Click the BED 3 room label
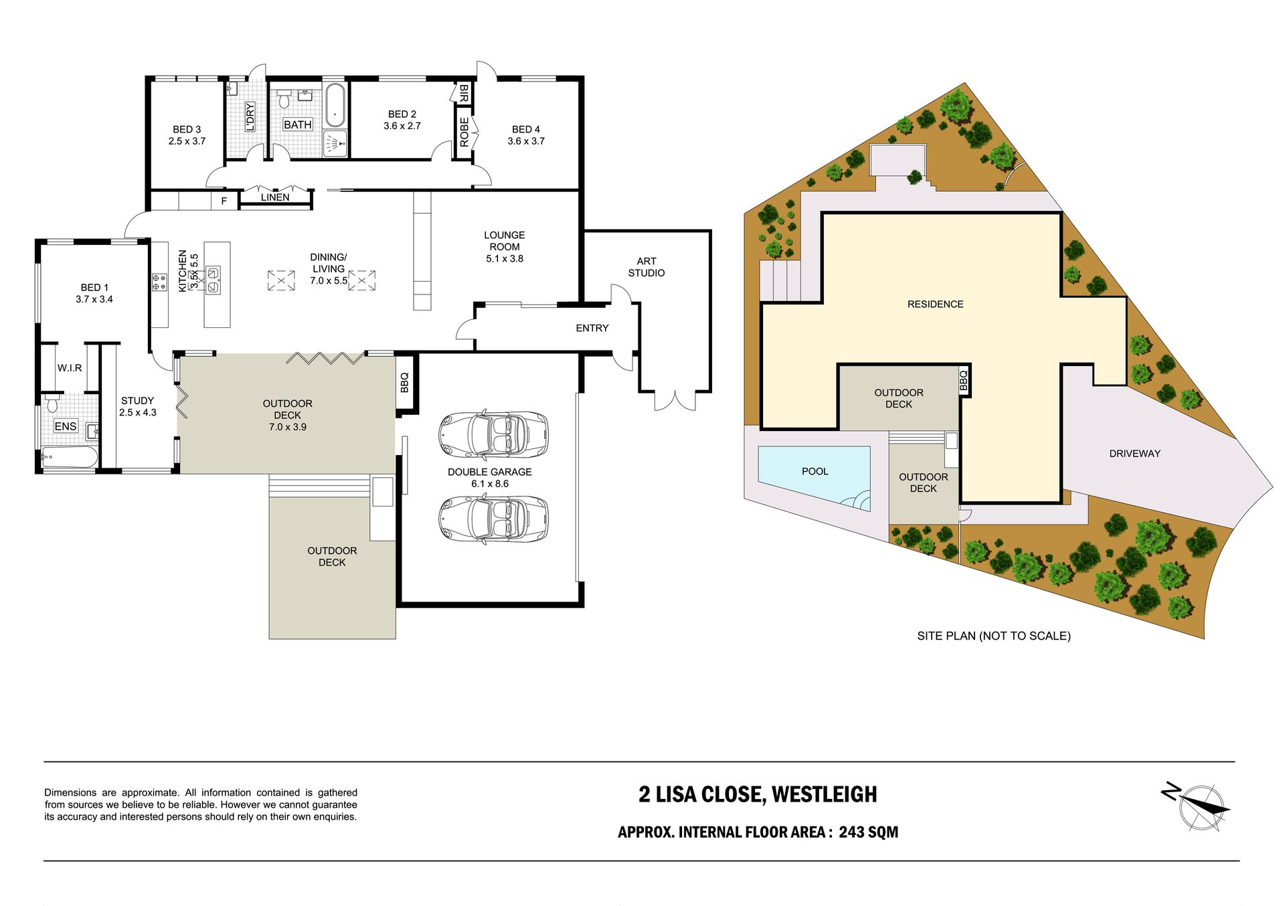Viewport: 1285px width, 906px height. pyautogui.click(x=187, y=129)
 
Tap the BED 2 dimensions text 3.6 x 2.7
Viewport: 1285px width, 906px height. pyautogui.click(x=402, y=126)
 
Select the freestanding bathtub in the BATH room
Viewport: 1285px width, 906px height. pyautogui.click(x=335, y=105)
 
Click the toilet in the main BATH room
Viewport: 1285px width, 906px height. pyautogui.click(x=284, y=98)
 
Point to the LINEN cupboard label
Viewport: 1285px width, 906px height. pyautogui.click(x=275, y=197)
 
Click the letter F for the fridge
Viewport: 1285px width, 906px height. pyautogui.click(x=224, y=201)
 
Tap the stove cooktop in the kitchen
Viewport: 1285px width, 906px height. pyautogui.click(x=159, y=282)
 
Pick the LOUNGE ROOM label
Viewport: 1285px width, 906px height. pyautogui.click(x=505, y=241)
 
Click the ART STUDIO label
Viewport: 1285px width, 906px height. pyautogui.click(x=647, y=267)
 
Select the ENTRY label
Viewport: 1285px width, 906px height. pyautogui.click(x=592, y=328)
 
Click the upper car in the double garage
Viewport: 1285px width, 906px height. pyautogui.click(x=493, y=434)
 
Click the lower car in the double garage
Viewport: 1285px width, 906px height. pyautogui.click(x=493, y=519)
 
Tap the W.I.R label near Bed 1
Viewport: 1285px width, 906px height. pyautogui.click(x=70, y=368)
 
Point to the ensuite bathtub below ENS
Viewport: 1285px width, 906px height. pyautogui.click(x=70, y=458)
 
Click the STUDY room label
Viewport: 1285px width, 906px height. pyautogui.click(x=138, y=401)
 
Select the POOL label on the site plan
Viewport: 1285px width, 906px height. pyautogui.click(x=815, y=472)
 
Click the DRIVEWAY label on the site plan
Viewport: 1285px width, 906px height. pyautogui.click(x=1134, y=454)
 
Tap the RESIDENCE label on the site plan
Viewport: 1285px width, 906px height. pyautogui.click(x=935, y=304)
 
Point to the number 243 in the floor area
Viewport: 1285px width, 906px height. pyautogui.click(x=851, y=832)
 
